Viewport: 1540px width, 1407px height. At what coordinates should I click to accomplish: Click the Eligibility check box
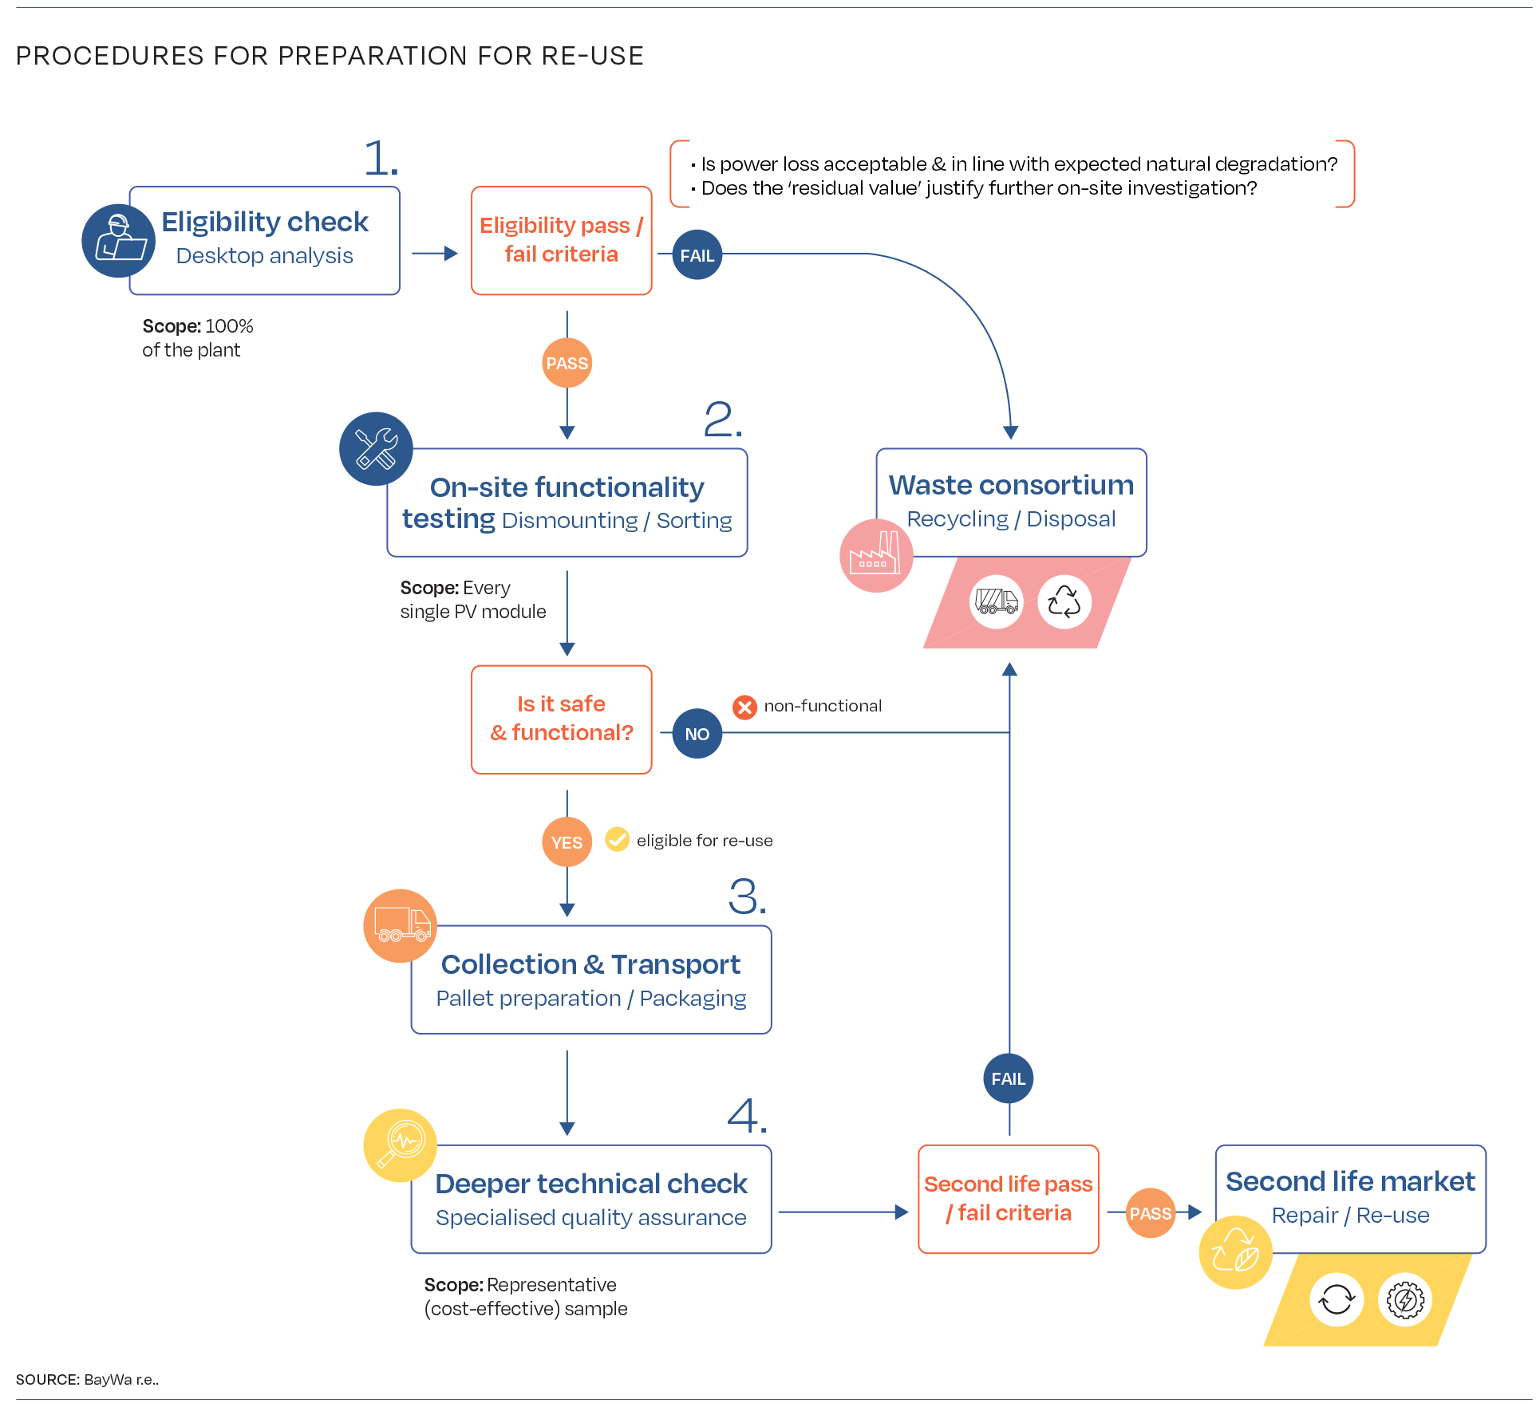(x=265, y=240)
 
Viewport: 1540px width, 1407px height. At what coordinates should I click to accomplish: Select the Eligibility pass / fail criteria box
(x=562, y=240)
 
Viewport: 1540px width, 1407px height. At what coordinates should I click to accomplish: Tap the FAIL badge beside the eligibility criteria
(x=697, y=254)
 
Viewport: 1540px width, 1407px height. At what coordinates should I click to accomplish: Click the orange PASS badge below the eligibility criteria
(x=567, y=363)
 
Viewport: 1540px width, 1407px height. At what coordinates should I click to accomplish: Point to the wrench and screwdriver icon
(x=376, y=448)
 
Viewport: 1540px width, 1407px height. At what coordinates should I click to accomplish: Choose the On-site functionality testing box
(x=567, y=503)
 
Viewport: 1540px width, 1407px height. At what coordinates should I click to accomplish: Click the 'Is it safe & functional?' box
(x=562, y=719)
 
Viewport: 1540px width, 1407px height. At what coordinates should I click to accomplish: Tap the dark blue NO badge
(x=697, y=733)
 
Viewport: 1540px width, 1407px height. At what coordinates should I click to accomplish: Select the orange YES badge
(x=567, y=841)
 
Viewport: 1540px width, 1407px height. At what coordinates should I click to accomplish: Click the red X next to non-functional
(x=744, y=707)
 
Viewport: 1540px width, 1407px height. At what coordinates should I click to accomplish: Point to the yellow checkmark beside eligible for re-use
(x=618, y=839)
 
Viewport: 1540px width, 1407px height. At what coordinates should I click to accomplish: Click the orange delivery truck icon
(x=401, y=925)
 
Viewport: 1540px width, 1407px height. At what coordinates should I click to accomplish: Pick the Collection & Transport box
(x=591, y=979)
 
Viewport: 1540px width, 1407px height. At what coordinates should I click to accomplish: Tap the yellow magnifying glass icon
(x=401, y=1145)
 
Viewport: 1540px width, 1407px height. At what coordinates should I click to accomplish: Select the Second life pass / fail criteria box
(x=1009, y=1199)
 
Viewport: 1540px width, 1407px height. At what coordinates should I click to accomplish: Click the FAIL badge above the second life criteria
(x=1009, y=1078)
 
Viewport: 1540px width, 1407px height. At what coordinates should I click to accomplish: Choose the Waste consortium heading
(x=1012, y=485)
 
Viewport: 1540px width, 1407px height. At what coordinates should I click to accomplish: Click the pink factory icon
(x=876, y=555)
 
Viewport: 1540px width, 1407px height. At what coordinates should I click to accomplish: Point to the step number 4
(x=747, y=1115)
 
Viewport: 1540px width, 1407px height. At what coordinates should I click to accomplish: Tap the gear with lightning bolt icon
(x=1405, y=1299)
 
